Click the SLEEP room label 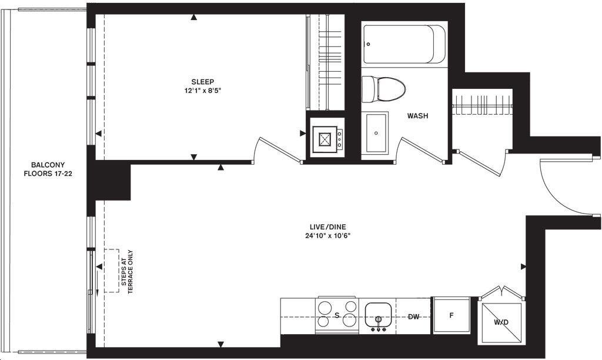[203, 81]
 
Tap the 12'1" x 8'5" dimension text [203, 91]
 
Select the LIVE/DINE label [328, 227]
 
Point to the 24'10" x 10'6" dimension [328, 236]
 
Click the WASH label [418, 116]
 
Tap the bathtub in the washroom [404, 44]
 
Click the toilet [383, 89]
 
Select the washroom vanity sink [375, 132]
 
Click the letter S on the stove [337, 315]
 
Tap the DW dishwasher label [413, 316]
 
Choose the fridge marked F [451, 315]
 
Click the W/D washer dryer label [501, 322]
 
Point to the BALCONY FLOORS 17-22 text [48, 169]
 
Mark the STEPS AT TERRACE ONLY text [127, 272]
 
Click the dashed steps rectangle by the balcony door [111, 271]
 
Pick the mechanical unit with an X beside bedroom [325, 139]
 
